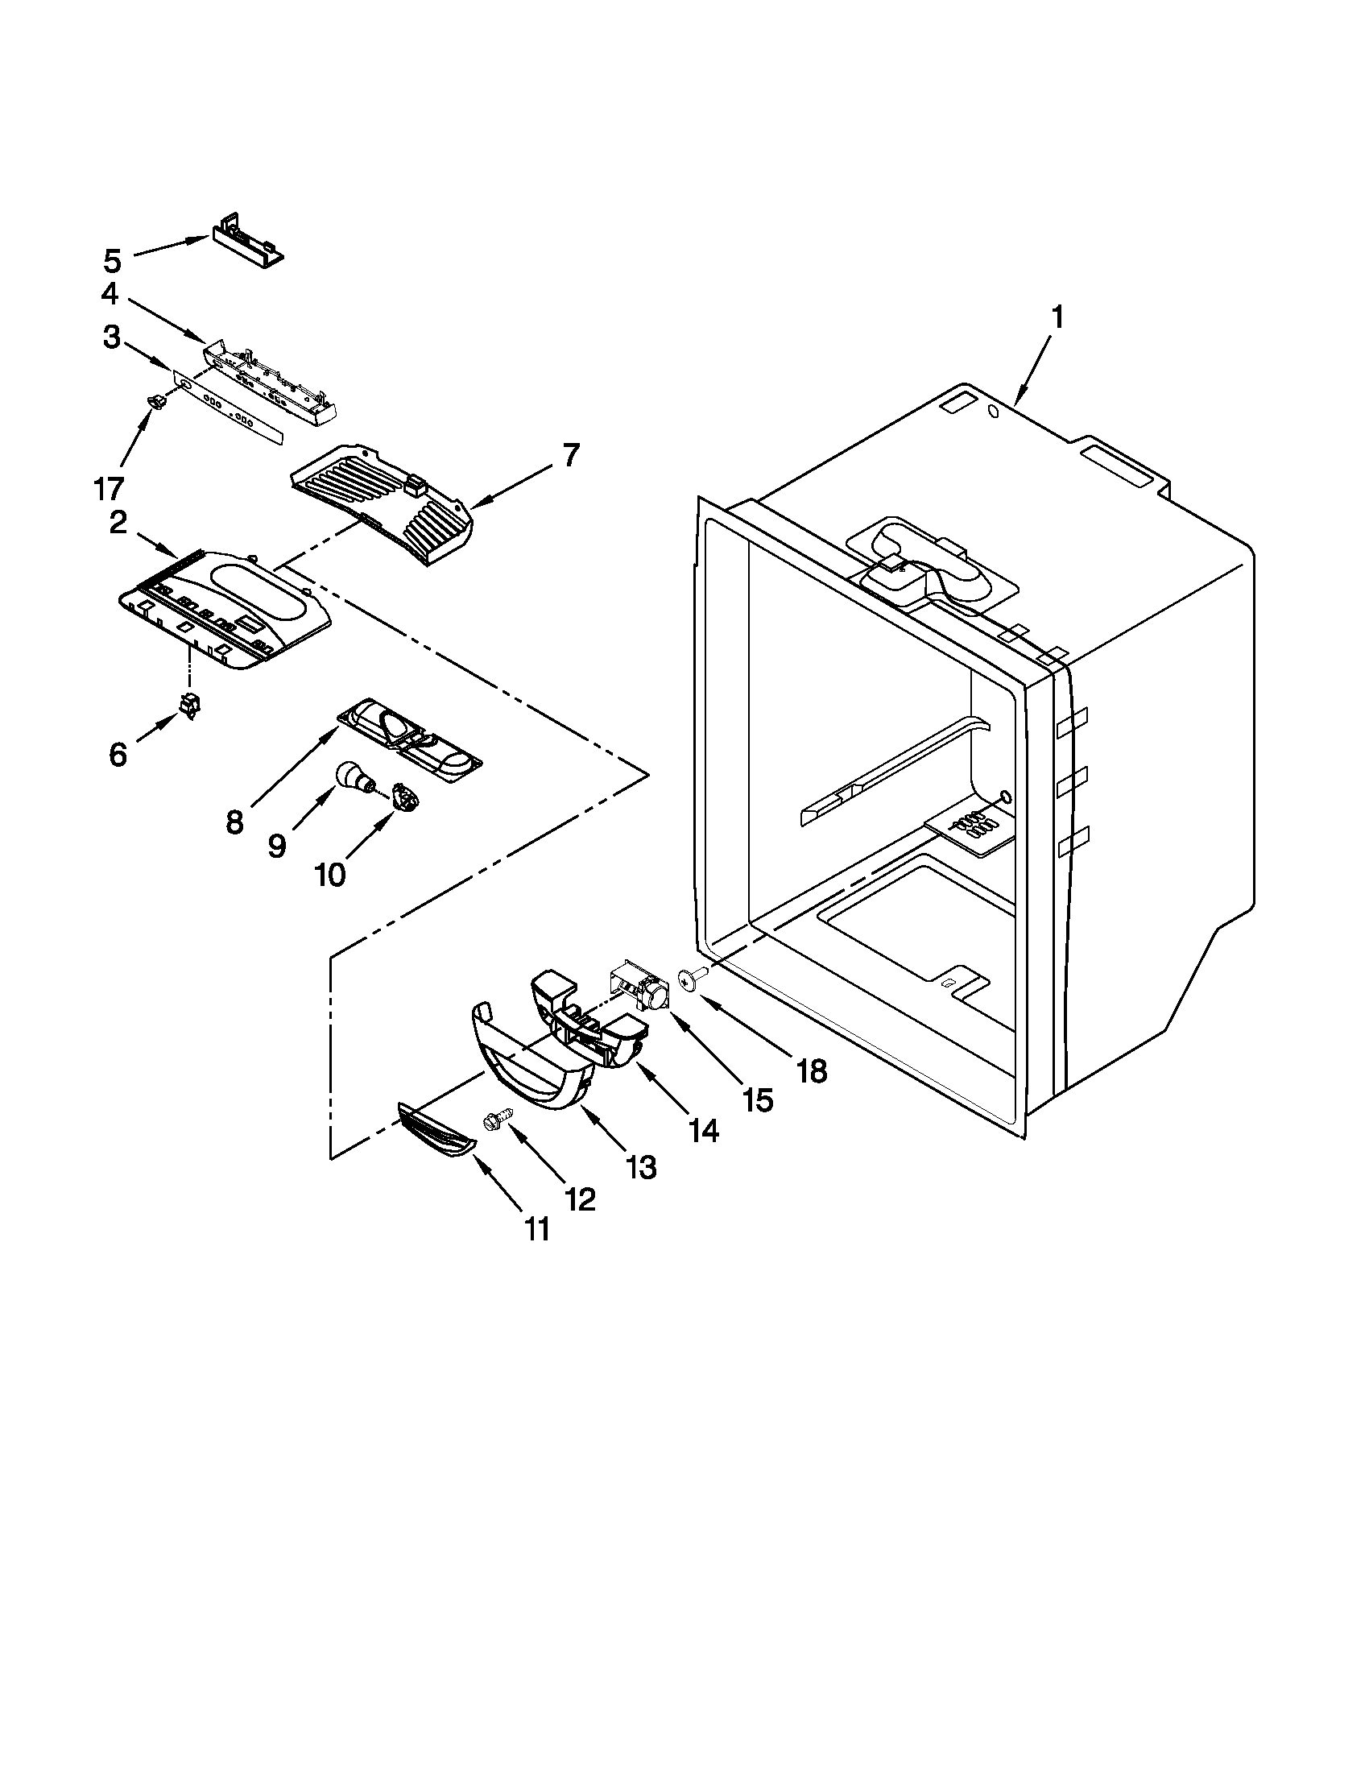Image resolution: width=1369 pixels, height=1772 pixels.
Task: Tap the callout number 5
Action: click(113, 260)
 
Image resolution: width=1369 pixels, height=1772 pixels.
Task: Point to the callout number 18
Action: click(811, 1071)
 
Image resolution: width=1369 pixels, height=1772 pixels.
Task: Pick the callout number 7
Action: click(572, 456)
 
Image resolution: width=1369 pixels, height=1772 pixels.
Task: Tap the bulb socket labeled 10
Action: click(403, 795)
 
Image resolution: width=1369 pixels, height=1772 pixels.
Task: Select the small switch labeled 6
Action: click(189, 706)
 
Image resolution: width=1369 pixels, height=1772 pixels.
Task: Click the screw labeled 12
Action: click(496, 1120)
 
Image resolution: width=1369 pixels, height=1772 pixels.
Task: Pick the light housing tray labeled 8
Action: click(410, 734)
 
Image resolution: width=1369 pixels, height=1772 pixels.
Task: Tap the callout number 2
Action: click(118, 524)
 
